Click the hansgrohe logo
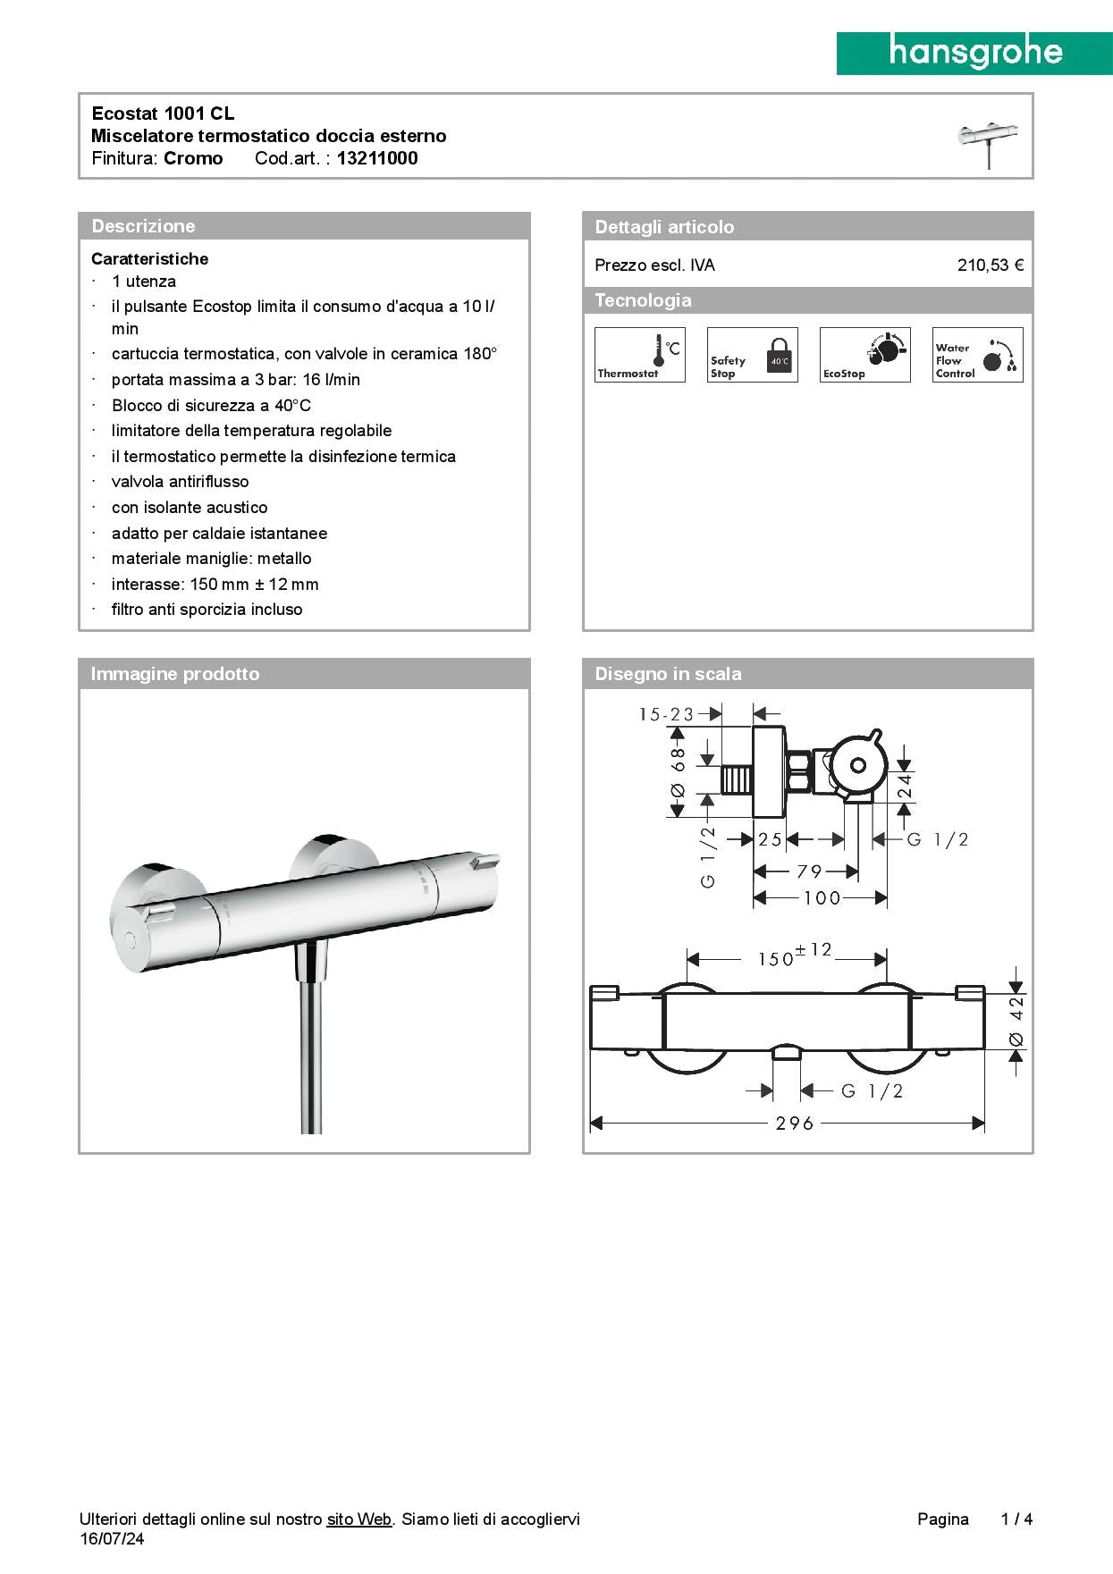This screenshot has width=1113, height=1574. click(x=974, y=54)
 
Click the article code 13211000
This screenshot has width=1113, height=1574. click(x=377, y=158)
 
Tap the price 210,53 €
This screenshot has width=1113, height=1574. click(x=990, y=265)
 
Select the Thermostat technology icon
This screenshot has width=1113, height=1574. click(x=640, y=355)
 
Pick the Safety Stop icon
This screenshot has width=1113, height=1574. click(x=753, y=355)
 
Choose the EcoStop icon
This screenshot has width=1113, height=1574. click(x=864, y=355)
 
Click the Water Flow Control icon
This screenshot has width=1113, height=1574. click(x=977, y=355)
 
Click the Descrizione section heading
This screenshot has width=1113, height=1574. click(x=143, y=226)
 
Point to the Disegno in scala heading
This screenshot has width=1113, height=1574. click(x=668, y=674)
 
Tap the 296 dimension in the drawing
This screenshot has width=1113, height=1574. click(x=794, y=1123)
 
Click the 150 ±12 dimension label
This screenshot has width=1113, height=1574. click(x=794, y=955)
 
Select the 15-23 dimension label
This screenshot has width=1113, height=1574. click(x=666, y=714)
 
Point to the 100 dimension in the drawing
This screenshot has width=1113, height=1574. click(x=822, y=898)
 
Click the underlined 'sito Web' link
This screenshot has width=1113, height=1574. click(x=358, y=1519)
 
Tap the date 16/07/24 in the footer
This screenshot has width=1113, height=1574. click(x=112, y=1538)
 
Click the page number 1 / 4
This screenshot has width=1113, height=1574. click(x=1016, y=1519)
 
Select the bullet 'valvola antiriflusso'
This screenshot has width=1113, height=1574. click(x=180, y=482)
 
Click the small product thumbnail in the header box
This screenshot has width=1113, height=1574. click(x=988, y=143)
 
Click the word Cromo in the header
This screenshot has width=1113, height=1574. click(x=193, y=158)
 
